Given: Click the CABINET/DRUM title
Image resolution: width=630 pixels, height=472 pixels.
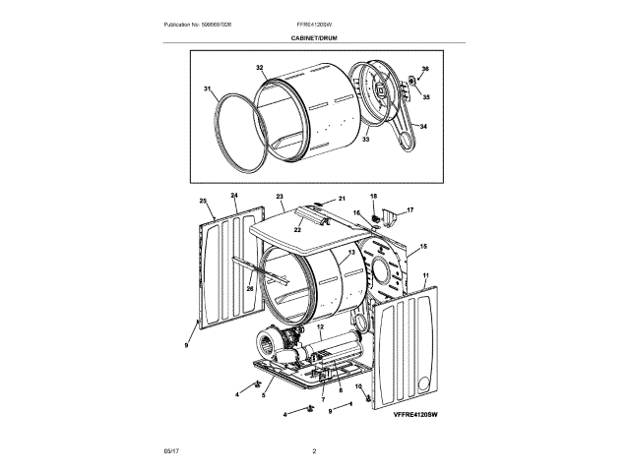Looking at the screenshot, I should click(x=314, y=36).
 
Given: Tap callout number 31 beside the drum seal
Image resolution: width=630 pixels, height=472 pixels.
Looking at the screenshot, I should click(x=209, y=89).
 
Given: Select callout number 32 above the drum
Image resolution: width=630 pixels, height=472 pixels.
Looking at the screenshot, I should click(x=260, y=68).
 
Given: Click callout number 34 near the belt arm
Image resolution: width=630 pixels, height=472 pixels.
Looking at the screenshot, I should click(x=424, y=126).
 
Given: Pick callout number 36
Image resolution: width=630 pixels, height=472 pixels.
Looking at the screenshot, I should click(x=425, y=69).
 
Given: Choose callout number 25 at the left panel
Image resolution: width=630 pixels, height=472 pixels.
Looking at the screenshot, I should click(x=204, y=202).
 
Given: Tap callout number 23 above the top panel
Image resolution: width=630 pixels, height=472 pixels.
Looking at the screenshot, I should click(x=280, y=197).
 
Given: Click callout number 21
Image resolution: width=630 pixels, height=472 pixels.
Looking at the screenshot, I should click(x=344, y=198).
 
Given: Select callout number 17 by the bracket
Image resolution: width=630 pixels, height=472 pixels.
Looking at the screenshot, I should click(x=410, y=210).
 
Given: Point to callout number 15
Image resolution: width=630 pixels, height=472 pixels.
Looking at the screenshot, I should click(x=424, y=247).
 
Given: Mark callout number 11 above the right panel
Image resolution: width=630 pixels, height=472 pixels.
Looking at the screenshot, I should click(x=426, y=277).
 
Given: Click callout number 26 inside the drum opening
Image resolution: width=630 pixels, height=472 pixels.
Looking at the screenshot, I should click(x=249, y=289).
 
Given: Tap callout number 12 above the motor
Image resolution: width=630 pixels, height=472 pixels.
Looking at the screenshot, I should click(x=320, y=326).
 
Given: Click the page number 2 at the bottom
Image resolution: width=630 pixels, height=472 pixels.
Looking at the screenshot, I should click(x=314, y=451).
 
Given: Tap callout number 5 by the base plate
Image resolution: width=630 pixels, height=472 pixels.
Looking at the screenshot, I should click(x=264, y=395).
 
